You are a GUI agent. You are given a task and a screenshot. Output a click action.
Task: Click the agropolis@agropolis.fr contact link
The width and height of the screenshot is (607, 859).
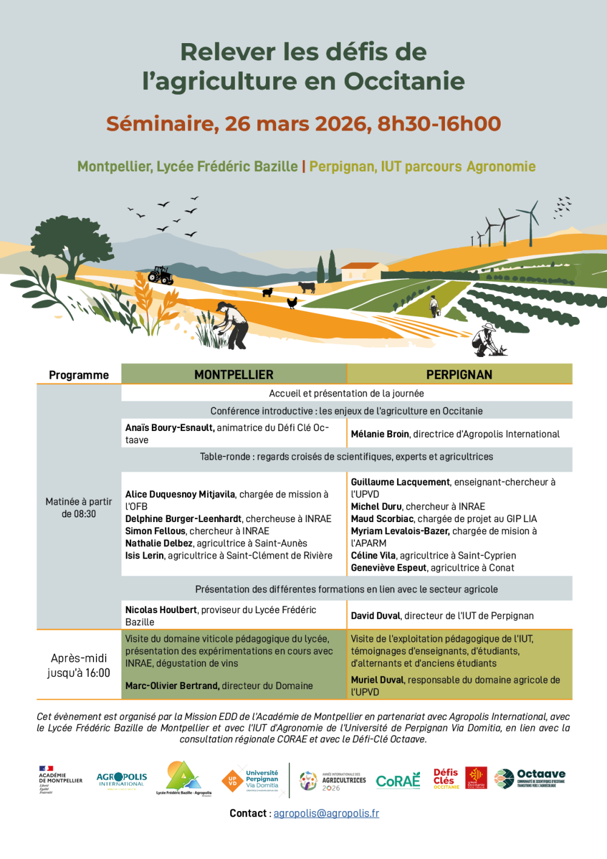pos(326,813)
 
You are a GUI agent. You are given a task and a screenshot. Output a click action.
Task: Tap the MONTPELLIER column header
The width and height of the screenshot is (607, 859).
pos(234,375)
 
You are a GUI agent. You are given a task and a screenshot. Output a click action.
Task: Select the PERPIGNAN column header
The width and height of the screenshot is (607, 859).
pos(459,375)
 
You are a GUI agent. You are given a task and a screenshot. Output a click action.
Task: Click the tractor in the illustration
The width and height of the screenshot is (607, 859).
pos(161,275)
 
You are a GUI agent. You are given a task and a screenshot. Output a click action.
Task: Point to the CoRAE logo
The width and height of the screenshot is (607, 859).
pos(398,781)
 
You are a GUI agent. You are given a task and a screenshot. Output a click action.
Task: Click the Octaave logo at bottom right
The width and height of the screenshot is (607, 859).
pos(530,778)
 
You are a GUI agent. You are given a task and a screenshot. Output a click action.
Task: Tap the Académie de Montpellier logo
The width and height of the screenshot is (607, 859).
pos(60,779)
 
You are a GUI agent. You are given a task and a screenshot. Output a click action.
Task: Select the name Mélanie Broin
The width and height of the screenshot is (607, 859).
pos(380,434)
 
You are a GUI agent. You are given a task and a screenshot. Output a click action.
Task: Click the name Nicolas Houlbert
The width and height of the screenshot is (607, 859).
pos(161,609)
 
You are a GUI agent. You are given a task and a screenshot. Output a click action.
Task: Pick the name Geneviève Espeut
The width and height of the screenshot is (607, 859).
pos(388,568)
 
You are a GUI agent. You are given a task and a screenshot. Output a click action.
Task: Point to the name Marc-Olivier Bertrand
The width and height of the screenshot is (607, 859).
pos(172,685)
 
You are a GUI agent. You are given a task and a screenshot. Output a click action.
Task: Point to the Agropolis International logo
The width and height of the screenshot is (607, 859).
pos(121,779)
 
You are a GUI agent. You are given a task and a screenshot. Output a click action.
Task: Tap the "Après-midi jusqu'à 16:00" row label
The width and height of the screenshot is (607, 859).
pos(79,665)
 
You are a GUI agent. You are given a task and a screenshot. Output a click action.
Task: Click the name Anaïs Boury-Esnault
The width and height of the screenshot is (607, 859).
pos(169,427)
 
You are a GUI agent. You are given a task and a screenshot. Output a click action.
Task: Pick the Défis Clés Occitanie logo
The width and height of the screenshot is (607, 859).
pos(446,779)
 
